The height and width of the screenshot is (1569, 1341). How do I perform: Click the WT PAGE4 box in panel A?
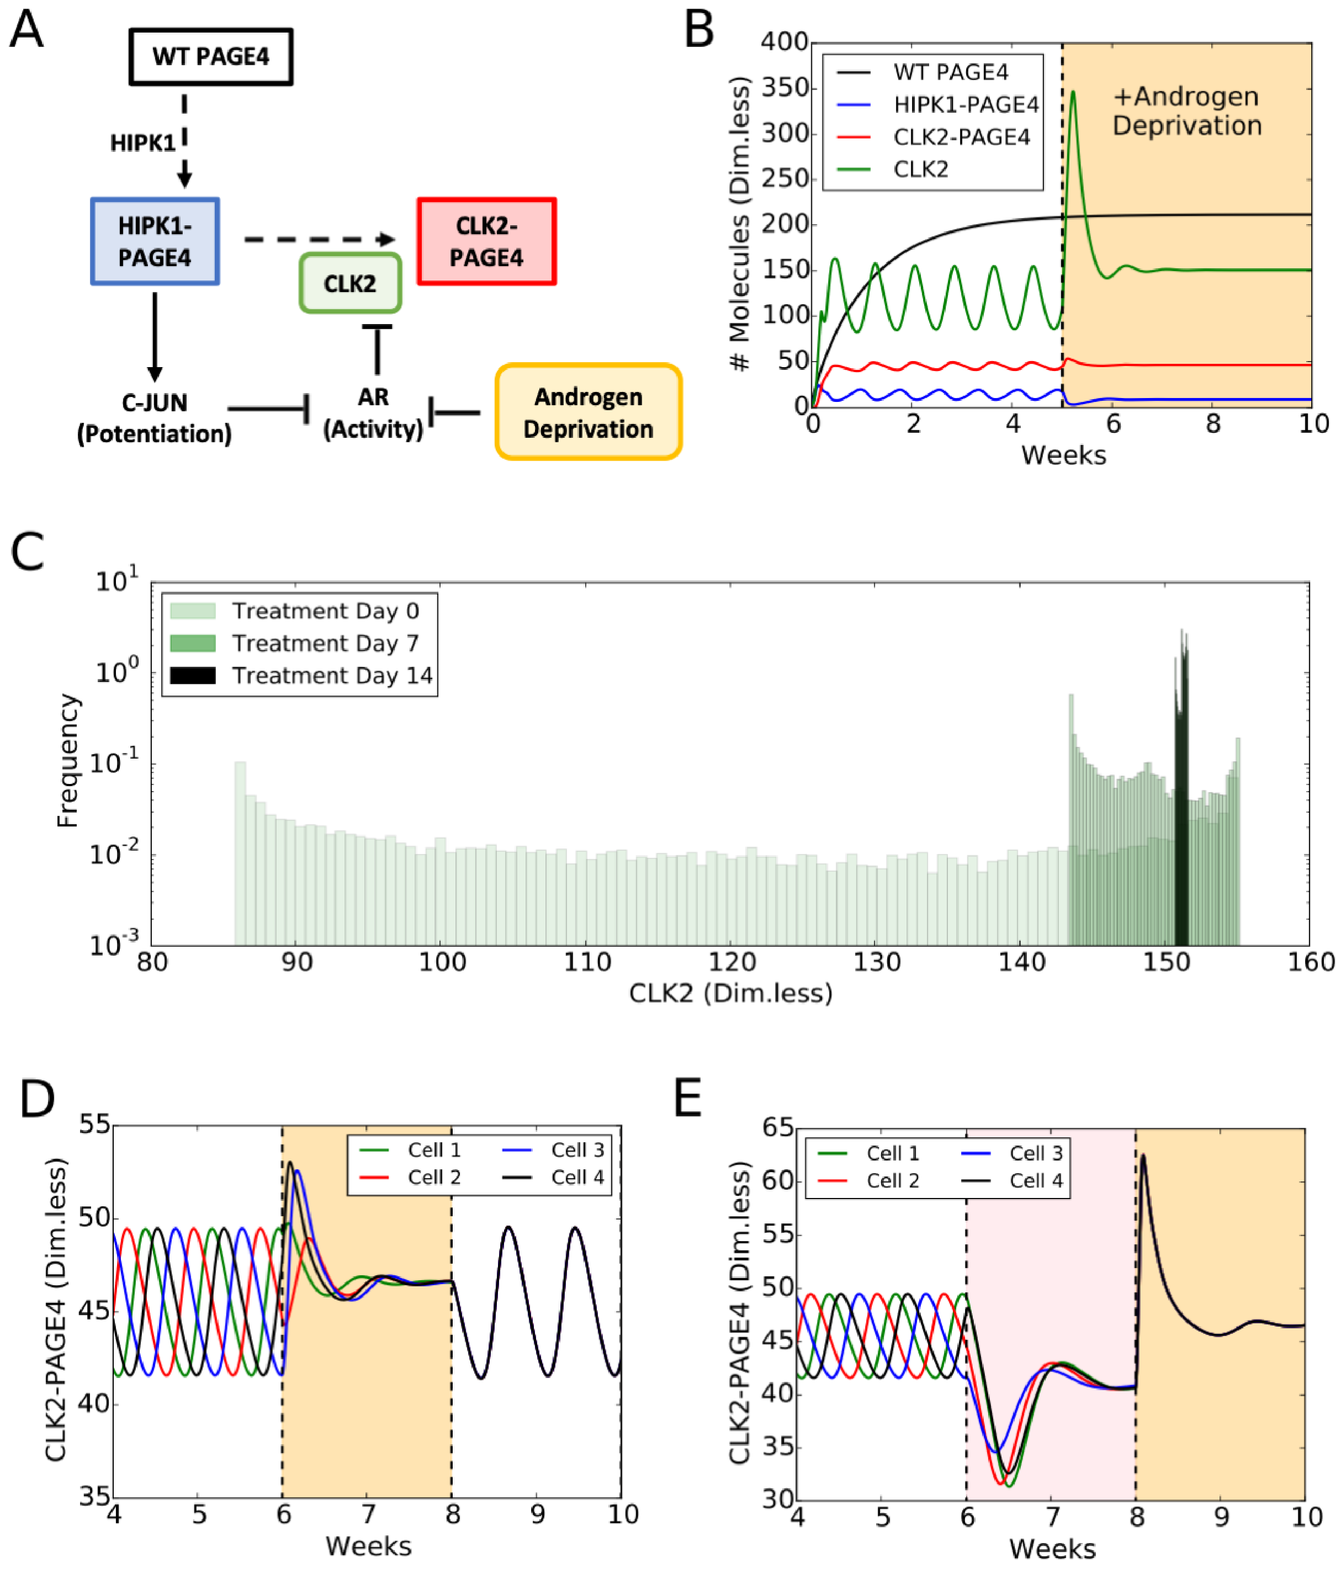pyautogui.click(x=210, y=57)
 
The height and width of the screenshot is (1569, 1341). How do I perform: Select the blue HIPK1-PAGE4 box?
pyautogui.click(x=155, y=242)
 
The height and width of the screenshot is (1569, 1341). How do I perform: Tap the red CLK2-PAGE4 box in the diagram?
pyautogui.click(x=486, y=242)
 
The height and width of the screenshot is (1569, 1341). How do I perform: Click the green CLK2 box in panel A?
pyautogui.click(x=350, y=284)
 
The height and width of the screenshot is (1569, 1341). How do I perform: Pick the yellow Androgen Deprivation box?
pyautogui.click(x=589, y=413)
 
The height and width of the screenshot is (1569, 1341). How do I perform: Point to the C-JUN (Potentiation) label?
pyautogui.click(x=155, y=418)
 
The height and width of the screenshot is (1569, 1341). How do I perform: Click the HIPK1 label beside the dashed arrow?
pyautogui.click(x=142, y=142)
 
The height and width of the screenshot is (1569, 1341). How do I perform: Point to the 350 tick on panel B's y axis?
pyautogui.click(x=785, y=88)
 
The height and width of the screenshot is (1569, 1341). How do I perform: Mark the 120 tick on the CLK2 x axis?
pyautogui.click(x=732, y=962)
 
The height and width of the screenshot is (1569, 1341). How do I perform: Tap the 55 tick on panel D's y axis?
pyautogui.click(x=94, y=1125)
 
